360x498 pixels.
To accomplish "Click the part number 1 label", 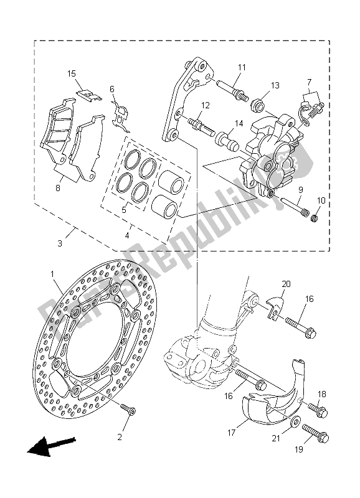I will pyautogui.click(x=53, y=274).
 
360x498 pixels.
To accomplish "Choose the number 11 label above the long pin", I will pyautogui.click(x=242, y=67).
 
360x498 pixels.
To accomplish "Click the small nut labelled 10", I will pyautogui.click(x=315, y=220).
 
